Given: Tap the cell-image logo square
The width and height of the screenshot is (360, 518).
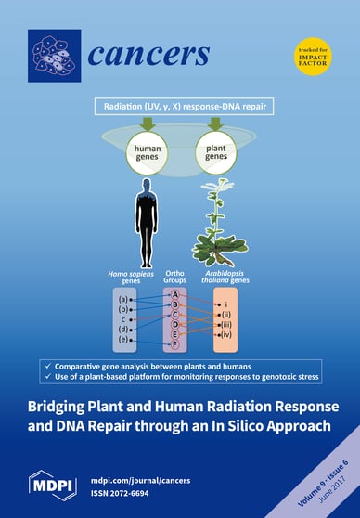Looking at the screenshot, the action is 54,55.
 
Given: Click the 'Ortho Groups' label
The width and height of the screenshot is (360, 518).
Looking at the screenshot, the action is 174,278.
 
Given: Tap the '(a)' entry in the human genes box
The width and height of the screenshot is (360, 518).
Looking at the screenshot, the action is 124,300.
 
